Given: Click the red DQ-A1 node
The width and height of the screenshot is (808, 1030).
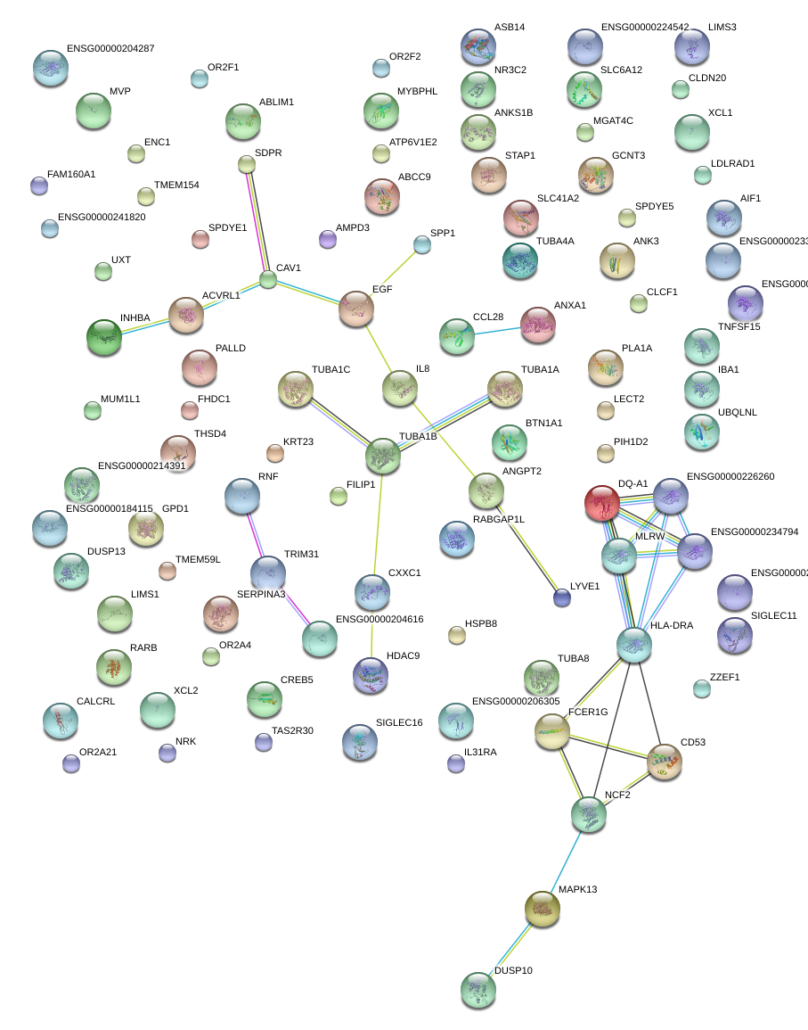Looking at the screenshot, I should [x=602, y=503].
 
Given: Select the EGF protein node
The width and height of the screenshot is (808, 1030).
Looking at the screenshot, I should [x=356, y=309].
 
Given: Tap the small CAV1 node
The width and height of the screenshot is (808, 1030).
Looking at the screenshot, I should [x=268, y=279].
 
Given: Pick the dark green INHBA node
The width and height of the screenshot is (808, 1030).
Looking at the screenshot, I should [x=104, y=336].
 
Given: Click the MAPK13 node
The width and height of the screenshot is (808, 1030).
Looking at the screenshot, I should [x=542, y=908].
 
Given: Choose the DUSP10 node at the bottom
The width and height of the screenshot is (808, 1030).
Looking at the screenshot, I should [x=478, y=990].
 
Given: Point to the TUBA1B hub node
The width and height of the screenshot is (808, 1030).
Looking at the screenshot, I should [x=384, y=456].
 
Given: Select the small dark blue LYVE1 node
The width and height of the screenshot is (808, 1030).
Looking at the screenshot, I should [x=561, y=597].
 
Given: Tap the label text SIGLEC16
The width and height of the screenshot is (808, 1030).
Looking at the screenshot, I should [x=399, y=723].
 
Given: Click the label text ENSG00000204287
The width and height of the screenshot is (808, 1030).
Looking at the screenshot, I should [x=110, y=49].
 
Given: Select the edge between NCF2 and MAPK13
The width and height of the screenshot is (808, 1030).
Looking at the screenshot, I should [x=566, y=860].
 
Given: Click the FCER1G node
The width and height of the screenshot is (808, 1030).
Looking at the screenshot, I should [x=552, y=731].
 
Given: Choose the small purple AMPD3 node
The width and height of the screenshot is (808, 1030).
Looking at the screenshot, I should [x=328, y=239].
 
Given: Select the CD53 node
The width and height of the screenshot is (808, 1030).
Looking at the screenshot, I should [x=665, y=762].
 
